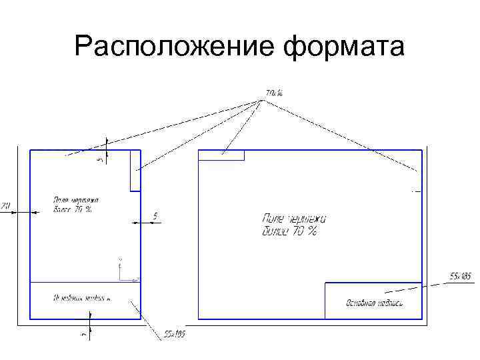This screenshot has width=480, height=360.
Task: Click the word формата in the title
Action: [344, 47]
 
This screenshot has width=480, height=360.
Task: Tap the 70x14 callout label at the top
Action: [275, 93]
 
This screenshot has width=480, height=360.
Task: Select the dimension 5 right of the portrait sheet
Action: [155, 215]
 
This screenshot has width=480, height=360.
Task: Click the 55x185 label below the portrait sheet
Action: [175, 334]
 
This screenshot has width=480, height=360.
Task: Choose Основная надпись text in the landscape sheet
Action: [374, 304]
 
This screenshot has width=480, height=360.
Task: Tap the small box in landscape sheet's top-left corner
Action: [222, 155]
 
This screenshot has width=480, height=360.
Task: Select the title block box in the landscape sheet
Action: [373, 301]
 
